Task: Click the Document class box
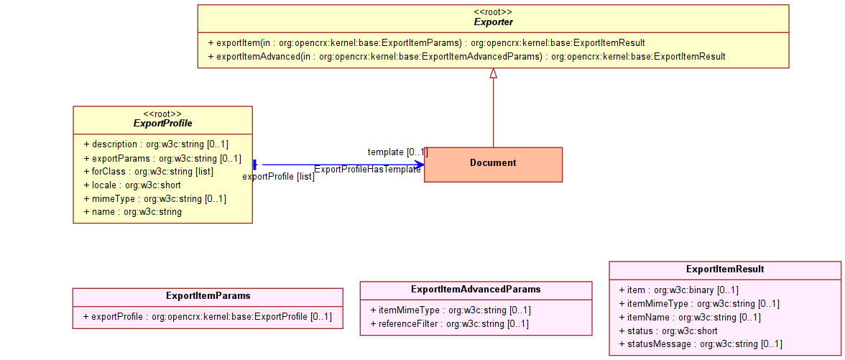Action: (x=493, y=165)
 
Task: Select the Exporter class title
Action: (x=493, y=22)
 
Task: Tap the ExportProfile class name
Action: (x=162, y=124)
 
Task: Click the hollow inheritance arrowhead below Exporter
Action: (x=493, y=75)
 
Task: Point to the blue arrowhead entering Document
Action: (x=419, y=165)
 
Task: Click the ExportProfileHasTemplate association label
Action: (x=368, y=170)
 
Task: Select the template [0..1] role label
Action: (x=398, y=152)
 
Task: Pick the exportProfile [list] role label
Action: (x=279, y=176)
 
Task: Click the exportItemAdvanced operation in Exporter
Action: (x=466, y=56)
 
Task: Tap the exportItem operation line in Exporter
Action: (x=426, y=42)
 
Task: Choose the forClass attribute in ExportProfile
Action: (x=149, y=172)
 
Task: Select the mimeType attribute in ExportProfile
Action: (x=155, y=199)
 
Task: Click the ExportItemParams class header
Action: (x=208, y=296)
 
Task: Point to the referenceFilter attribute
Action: (x=450, y=324)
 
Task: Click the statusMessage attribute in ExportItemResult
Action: (x=701, y=343)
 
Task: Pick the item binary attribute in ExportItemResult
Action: (x=678, y=290)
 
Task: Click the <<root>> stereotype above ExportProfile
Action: (x=162, y=114)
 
